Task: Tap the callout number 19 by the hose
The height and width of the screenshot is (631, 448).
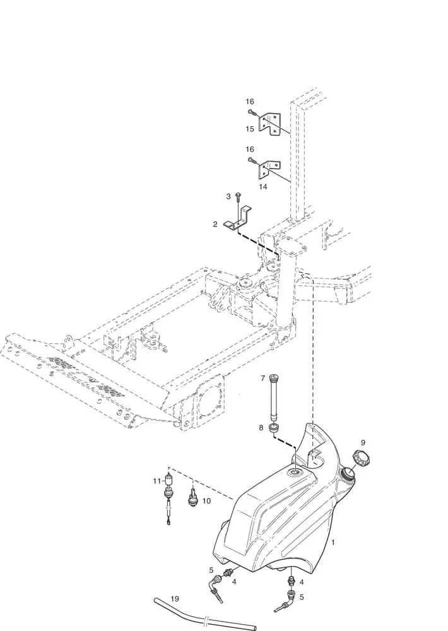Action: [174, 599]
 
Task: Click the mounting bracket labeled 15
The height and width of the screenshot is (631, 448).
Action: [269, 124]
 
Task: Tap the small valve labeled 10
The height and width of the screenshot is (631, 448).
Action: [193, 496]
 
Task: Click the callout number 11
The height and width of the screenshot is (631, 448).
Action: [156, 481]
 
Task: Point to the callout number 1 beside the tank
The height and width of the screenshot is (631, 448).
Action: [333, 543]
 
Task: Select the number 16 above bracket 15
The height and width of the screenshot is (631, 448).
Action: [250, 102]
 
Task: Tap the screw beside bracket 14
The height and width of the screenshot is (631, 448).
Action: [252, 160]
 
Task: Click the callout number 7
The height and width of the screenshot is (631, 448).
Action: [263, 378]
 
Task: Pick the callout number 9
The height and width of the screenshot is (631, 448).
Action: [363, 443]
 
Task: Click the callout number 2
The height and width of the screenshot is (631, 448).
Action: [215, 224]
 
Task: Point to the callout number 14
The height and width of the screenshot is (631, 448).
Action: [263, 187]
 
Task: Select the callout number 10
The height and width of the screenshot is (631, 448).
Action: [206, 501]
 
